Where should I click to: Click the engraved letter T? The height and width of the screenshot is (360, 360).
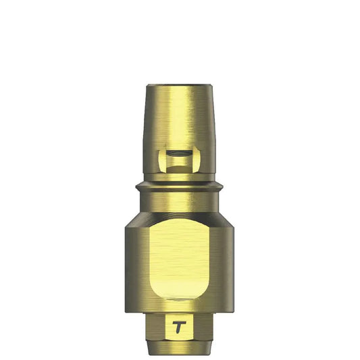tap(179, 326)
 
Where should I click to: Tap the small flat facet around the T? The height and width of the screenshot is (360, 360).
tap(179, 319)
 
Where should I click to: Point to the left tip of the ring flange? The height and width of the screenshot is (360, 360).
tap(136, 185)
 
